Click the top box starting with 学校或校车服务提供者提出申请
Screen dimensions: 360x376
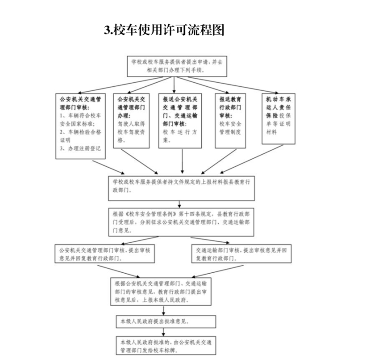177,65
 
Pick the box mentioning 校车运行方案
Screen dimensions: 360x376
180,121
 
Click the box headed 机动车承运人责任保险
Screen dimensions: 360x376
278,118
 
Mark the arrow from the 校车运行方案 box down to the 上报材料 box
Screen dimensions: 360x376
182,161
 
